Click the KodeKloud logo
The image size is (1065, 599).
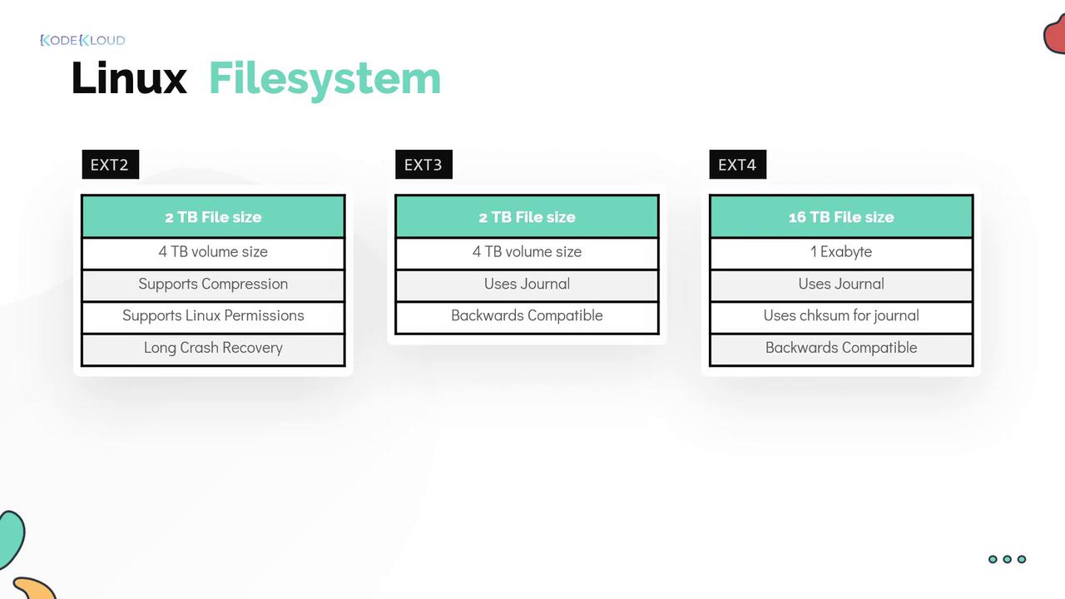point(82,41)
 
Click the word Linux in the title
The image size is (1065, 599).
point(129,78)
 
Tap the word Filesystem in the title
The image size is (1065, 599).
point(325,79)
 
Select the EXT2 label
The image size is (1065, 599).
point(111,165)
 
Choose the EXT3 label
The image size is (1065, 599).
point(424,165)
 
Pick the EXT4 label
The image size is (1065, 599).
point(737,165)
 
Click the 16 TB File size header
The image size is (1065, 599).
point(841,217)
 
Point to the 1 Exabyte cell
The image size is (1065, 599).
point(841,252)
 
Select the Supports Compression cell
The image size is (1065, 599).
point(213,285)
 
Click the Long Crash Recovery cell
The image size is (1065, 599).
point(213,349)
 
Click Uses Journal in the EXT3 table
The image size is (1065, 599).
point(527,285)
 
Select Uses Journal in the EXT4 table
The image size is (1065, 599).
point(841,285)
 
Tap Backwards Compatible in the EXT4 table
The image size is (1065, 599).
point(841,349)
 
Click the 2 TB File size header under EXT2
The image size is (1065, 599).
point(213,217)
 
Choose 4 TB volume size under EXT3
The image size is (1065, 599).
point(527,252)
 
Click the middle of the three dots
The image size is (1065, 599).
point(1007,559)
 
